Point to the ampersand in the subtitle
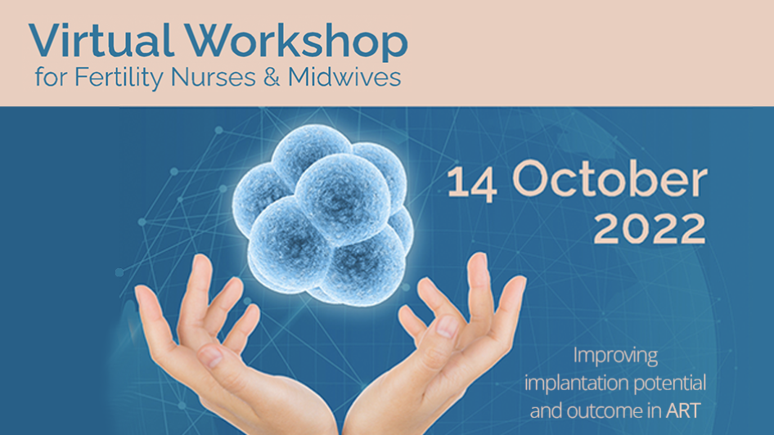coord(276,78)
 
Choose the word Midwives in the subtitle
coord(345,78)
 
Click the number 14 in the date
coord(473,181)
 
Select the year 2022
coord(649,229)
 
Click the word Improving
coord(615,357)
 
